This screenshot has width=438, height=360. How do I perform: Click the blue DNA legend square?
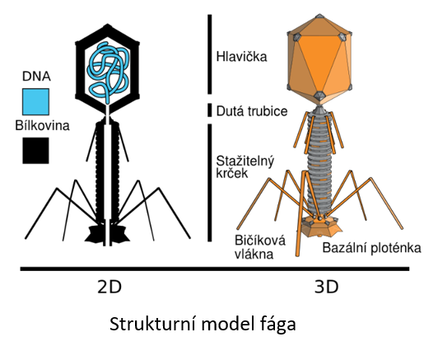pyautogui.click(x=35, y=102)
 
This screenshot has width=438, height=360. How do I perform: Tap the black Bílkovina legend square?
pyautogui.click(x=35, y=151)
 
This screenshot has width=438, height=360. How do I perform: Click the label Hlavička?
pyautogui.click(x=241, y=57)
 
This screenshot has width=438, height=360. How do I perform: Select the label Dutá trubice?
pyautogui.click(x=252, y=111)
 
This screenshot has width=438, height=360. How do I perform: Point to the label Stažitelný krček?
pyautogui.click(x=245, y=167)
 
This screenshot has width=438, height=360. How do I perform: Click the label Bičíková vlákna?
pyautogui.click(x=260, y=247)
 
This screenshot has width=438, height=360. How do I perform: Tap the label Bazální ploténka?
pyautogui.click(x=371, y=248)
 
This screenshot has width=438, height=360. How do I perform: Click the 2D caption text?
pyautogui.click(x=109, y=287)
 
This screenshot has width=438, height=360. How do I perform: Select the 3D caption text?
pyautogui.click(x=326, y=287)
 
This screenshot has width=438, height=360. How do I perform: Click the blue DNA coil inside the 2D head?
pyautogui.click(x=109, y=72)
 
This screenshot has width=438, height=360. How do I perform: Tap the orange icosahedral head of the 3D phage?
pyautogui.click(x=319, y=59)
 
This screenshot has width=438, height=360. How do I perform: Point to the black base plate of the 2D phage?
pyautogui.click(x=107, y=233)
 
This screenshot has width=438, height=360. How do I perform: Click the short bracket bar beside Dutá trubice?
pyautogui.click(x=209, y=110)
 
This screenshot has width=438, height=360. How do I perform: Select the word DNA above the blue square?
pyautogui.click(x=36, y=77)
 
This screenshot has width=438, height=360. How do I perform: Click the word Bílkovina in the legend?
pyautogui.click(x=42, y=125)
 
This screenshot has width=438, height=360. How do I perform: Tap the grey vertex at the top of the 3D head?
pyautogui.click(x=319, y=16)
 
